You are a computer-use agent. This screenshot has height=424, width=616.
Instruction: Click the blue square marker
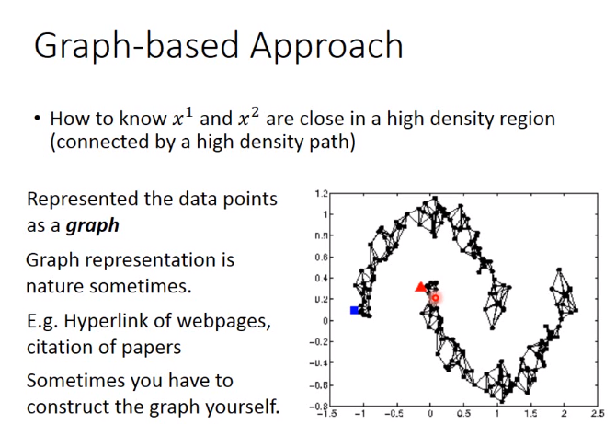(x=355, y=310)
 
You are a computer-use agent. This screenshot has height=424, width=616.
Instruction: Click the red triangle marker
(x=421, y=286)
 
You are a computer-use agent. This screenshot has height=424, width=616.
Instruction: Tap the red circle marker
(x=435, y=298)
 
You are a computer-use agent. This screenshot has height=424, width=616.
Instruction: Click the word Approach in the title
(x=326, y=46)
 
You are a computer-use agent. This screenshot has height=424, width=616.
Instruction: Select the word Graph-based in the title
(x=136, y=46)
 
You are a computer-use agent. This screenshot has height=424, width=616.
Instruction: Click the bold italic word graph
(x=93, y=226)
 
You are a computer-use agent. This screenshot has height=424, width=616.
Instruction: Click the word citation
(x=57, y=347)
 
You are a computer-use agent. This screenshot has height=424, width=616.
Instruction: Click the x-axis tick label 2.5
(x=599, y=413)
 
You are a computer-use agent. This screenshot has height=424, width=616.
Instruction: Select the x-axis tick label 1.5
(x=531, y=413)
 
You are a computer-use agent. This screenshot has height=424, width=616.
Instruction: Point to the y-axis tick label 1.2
(x=321, y=194)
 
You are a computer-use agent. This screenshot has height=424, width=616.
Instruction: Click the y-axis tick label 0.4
(x=321, y=278)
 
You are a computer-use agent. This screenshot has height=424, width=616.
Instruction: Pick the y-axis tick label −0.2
(x=319, y=342)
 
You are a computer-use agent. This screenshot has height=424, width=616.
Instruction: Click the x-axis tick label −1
(x=359, y=413)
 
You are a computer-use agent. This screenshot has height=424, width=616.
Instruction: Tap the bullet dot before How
(x=38, y=118)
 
